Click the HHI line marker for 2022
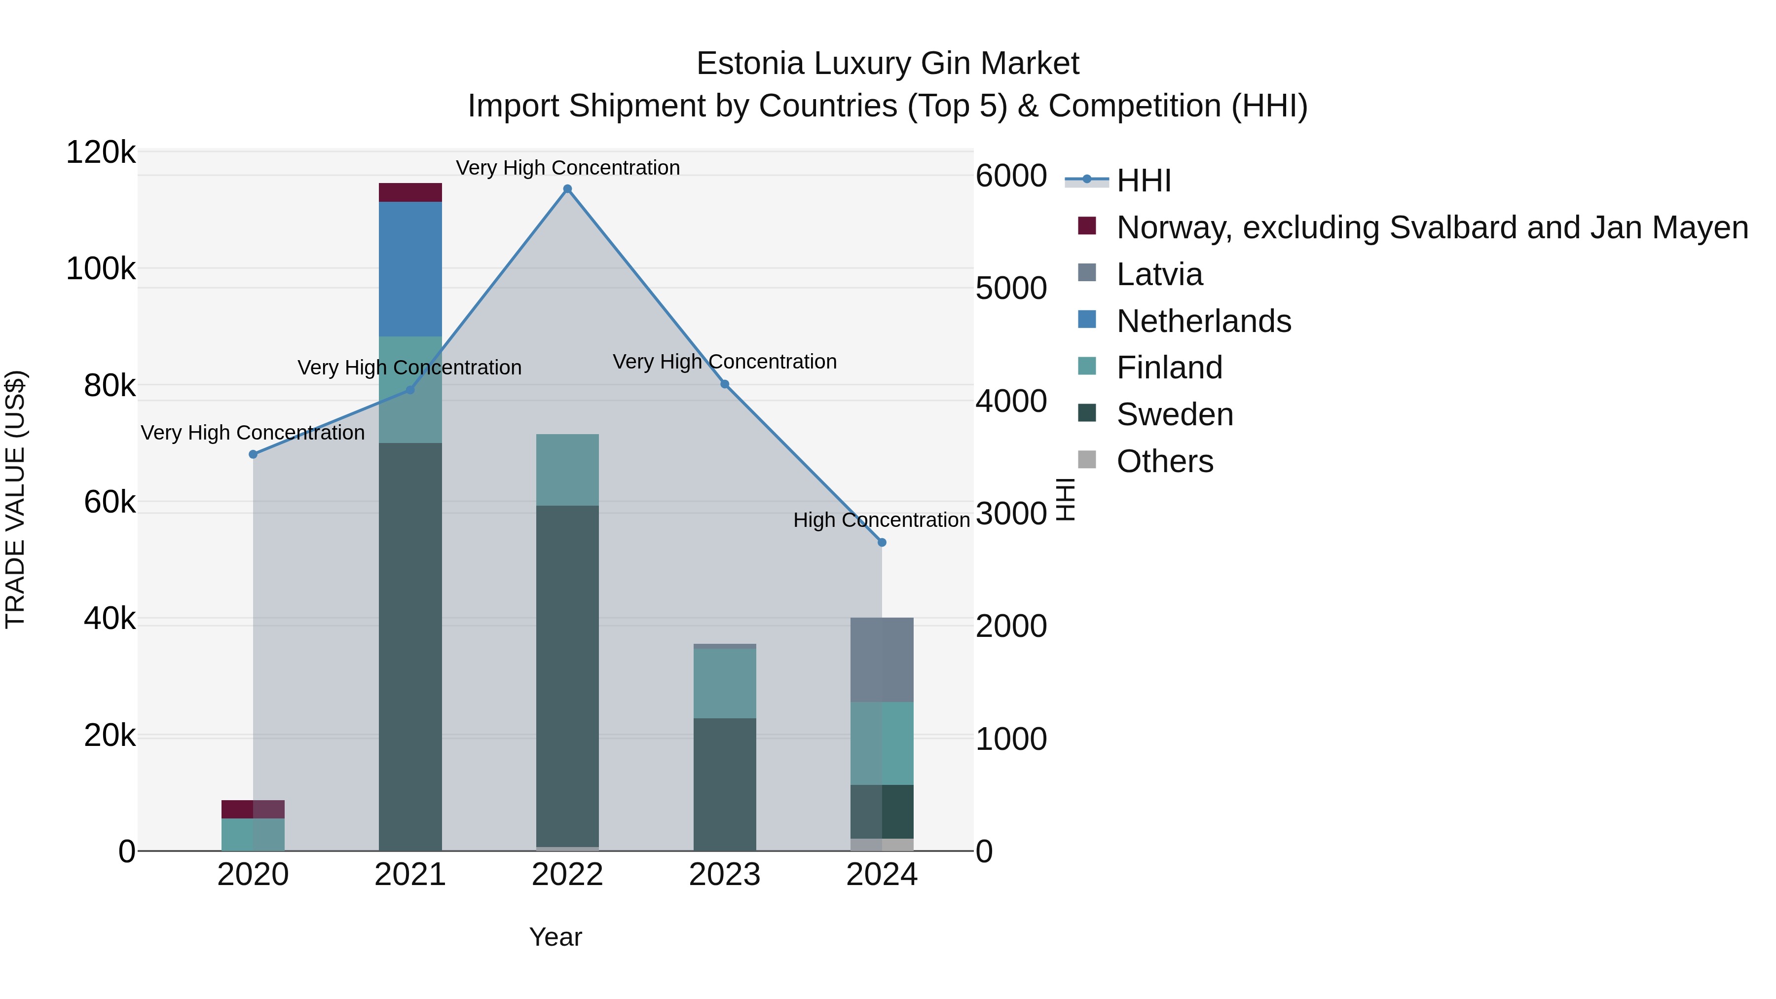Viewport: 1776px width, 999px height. click(567, 189)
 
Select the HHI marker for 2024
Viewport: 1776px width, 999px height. click(882, 543)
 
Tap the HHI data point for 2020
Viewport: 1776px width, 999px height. click(253, 454)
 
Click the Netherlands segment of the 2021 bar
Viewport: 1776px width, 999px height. click(410, 269)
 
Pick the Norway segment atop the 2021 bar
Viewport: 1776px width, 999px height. click(410, 192)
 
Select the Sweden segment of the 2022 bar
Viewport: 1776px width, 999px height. click(567, 676)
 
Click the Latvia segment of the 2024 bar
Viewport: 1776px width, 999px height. click(882, 660)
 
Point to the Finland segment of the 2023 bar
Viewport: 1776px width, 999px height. click(725, 683)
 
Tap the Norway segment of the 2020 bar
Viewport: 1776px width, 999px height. click(253, 810)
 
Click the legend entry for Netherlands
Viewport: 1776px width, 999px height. click(1203, 321)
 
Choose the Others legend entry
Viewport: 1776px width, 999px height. click(1164, 461)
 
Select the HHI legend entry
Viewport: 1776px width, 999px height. click(1143, 181)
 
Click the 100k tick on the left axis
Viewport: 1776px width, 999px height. click(101, 269)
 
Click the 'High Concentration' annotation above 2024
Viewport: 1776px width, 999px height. click(881, 520)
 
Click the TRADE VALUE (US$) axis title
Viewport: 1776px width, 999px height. click(15, 499)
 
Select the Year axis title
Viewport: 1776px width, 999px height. click(555, 937)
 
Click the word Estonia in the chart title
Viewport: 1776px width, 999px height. click(750, 64)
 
